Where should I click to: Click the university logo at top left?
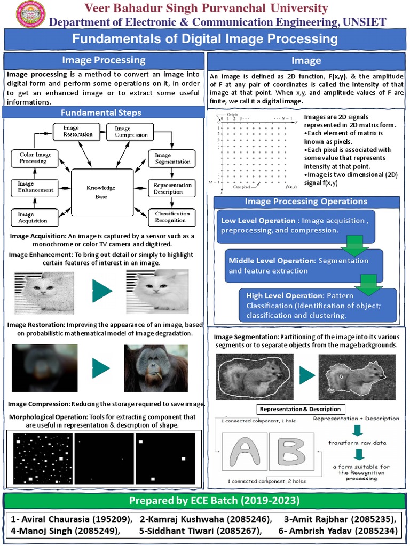click(x=31, y=14)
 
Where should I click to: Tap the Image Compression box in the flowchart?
click(x=131, y=131)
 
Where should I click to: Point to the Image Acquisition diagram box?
click(x=33, y=217)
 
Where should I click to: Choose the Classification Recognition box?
click(x=171, y=216)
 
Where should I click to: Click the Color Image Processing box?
click(x=36, y=158)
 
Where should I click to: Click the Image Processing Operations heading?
click(x=306, y=202)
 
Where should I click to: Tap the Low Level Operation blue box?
click(x=296, y=226)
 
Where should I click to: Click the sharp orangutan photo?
click(x=156, y=368)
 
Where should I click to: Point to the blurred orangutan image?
click(x=45, y=368)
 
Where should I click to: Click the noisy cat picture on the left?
click(x=44, y=291)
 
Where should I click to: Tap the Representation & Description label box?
click(x=299, y=409)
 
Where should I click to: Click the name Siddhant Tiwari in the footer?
click(x=200, y=531)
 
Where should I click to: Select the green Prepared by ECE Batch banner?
click(x=205, y=501)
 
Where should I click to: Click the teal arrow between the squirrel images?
click(x=306, y=375)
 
